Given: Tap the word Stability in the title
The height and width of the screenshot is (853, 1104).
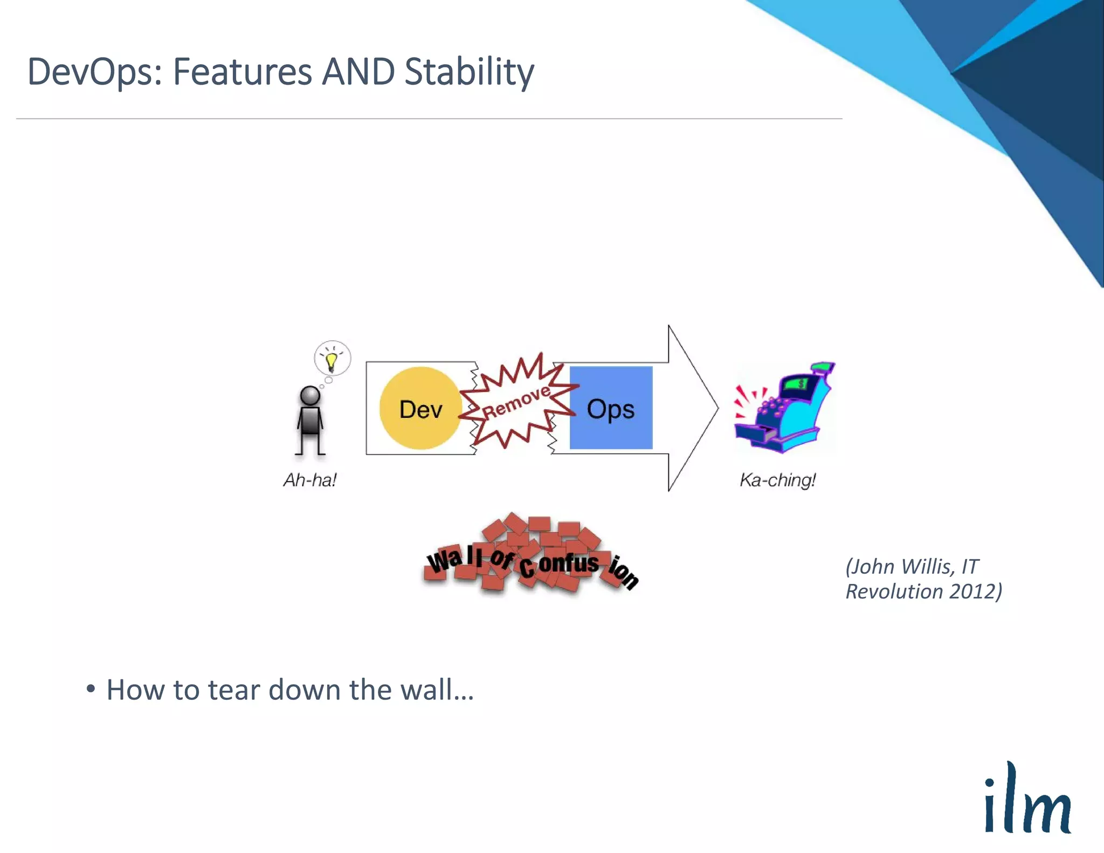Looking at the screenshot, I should pyautogui.click(x=469, y=72).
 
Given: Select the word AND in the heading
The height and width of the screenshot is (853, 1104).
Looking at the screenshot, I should pyautogui.click(x=358, y=72).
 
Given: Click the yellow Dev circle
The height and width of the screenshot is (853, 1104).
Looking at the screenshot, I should pyautogui.click(x=420, y=409).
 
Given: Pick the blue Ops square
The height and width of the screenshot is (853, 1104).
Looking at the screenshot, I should pyautogui.click(x=611, y=408).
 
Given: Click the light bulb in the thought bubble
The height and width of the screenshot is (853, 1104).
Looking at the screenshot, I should pyautogui.click(x=332, y=360).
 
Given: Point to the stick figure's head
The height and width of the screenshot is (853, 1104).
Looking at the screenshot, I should pyautogui.click(x=310, y=395).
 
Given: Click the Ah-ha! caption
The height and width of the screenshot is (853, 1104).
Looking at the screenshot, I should pyautogui.click(x=310, y=479).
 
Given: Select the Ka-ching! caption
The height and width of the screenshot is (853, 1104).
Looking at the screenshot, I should pyautogui.click(x=777, y=479).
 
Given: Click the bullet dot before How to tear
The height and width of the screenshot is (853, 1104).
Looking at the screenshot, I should pyautogui.click(x=91, y=689).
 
